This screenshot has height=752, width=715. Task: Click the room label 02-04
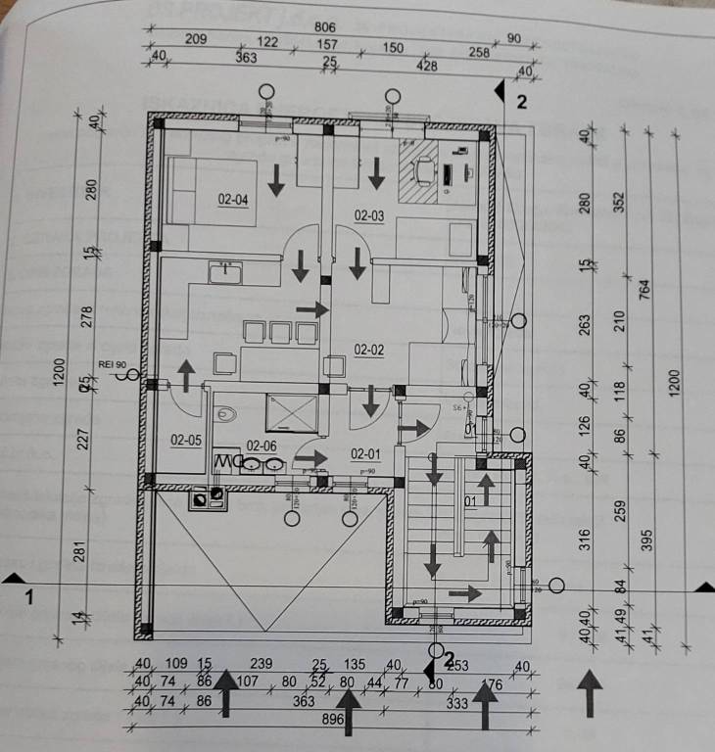point(232,200)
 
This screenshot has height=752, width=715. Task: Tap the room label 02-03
point(368,215)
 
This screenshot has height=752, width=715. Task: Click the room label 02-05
point(185,440)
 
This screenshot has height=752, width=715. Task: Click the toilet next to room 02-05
point(226,414)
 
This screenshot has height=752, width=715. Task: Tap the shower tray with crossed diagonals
point(293,412)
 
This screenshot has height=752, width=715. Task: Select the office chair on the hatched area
point(424,171)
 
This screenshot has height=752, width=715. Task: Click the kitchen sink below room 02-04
point(225,270)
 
